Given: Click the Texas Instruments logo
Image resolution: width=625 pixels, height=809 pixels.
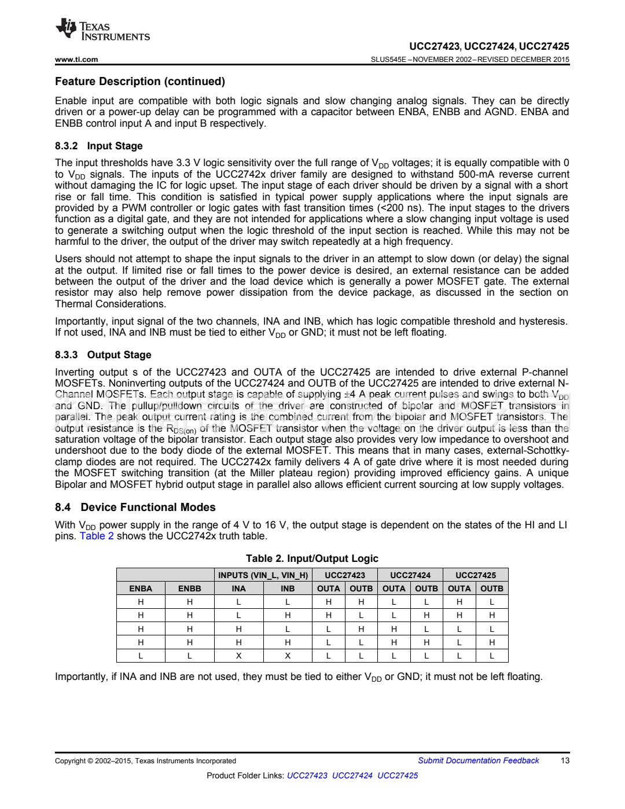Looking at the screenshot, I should coord(102,31).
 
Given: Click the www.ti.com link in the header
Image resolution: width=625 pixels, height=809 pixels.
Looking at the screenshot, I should coord(76,59).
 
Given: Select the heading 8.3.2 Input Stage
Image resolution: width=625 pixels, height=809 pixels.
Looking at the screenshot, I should coord(98,146).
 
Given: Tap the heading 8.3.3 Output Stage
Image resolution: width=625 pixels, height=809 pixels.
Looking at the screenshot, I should coord(103,355).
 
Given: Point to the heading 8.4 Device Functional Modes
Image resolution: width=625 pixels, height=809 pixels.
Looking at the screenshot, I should coord(135,507).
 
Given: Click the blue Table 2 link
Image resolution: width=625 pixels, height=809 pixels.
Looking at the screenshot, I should coord(97,536).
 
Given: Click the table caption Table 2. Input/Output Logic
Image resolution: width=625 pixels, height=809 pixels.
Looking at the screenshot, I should coord(312,558).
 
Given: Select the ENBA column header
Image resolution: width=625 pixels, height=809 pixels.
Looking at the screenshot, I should coord(141,589).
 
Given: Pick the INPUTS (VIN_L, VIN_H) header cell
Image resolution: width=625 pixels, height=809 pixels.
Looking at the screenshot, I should coord(263,575).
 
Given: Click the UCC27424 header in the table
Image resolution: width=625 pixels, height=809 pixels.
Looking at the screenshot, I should coord(410,575).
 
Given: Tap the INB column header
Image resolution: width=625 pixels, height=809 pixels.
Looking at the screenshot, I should coord(288,589).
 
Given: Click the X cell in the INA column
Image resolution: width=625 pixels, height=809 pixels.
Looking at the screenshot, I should coord(238,656).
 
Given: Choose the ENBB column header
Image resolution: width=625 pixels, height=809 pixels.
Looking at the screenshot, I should coord(190,589).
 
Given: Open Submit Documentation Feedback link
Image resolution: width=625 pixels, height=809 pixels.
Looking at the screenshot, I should coord(479,760).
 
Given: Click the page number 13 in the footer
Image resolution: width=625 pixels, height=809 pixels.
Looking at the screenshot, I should coord(565,760).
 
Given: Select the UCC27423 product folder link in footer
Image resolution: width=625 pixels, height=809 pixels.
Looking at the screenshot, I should coord(307,775).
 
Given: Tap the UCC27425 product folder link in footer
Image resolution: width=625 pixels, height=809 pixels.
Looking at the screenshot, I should coord(398,775).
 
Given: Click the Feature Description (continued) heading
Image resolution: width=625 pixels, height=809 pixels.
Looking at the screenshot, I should coord(140,82).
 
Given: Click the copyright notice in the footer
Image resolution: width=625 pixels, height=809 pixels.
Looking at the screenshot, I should coord(145,761).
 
